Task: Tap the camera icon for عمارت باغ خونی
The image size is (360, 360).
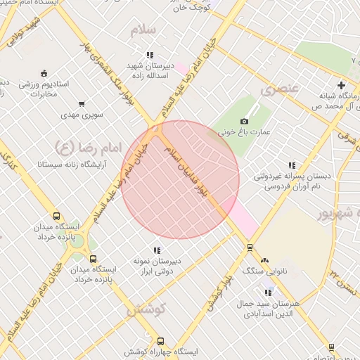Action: [245, 122]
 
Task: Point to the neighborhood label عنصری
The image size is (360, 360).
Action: [280, 89]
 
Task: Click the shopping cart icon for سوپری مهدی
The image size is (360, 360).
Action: [82, 103]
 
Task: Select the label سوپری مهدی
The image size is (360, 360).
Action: [82, 113]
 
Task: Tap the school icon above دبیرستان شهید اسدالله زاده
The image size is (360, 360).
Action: [150, 55]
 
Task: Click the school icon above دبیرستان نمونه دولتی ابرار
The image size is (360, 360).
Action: [157, 250]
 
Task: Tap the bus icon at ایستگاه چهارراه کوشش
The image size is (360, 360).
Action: [160, 341]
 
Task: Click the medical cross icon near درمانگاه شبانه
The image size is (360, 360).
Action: [341, 85]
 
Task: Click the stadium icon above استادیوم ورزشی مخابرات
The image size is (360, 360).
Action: [44, 73]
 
